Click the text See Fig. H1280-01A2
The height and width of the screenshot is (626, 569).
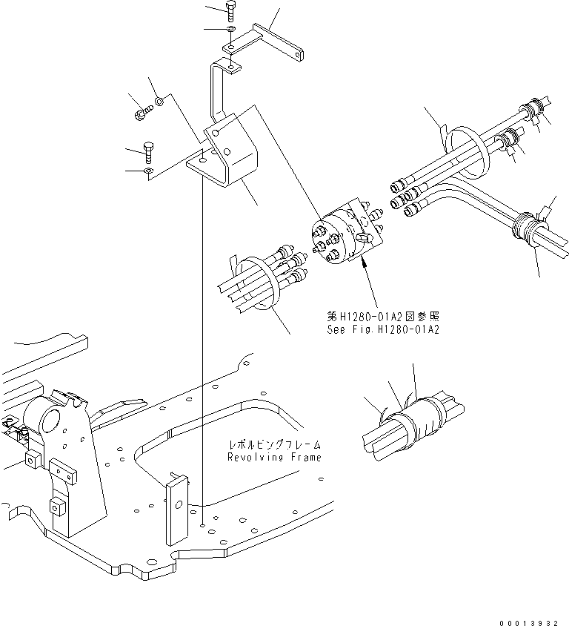(x=382, y=330)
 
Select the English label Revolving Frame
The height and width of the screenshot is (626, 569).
(x=274, y=458)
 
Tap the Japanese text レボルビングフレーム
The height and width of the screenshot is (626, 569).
(x=275, y=446)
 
